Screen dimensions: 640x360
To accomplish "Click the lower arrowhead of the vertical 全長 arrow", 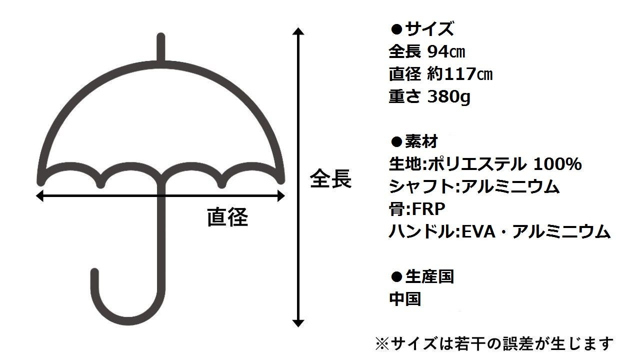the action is pyautogui.click(x=298, y=322).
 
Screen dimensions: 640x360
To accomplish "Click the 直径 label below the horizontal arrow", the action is pyautogui.click(x=228, y=218).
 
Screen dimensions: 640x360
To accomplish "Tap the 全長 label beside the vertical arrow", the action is pyautogui.click(x=330, y=178).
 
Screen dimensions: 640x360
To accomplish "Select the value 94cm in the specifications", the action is pyautogui.click(x=447, y=52).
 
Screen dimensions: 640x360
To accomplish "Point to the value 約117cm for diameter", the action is pyautogui.click(x=460, y=74).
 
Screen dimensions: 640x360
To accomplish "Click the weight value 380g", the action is pyautogui.click(x=449, y=96).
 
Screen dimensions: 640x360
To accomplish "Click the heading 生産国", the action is pyautogui.click(x=429, y=276).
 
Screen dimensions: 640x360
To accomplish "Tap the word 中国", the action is pyautogui.click(x=405, y=299).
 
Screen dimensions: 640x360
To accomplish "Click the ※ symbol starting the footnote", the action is pyautogui.click(x=381, y=343).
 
